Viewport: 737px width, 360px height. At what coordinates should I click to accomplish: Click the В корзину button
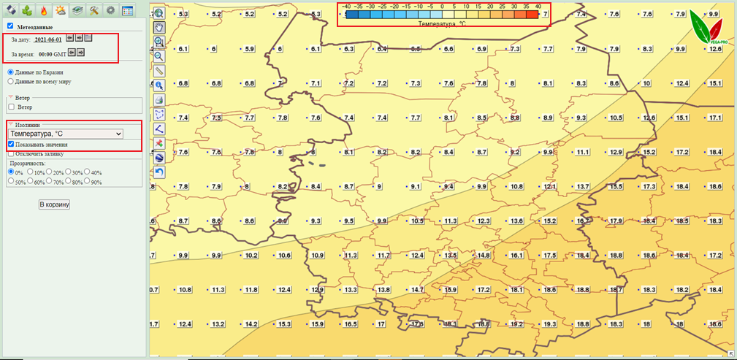[x=54, y=204]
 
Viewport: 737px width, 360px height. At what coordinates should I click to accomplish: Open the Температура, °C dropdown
[x=65, y=134]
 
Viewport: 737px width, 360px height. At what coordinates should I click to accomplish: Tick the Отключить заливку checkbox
[x=11, y=154]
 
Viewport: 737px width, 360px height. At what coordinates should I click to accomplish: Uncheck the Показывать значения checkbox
[x=11, y=145]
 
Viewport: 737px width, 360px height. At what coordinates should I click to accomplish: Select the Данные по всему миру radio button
[x=11, y=81]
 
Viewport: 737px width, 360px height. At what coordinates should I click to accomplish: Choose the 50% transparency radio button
[x=11, y=181]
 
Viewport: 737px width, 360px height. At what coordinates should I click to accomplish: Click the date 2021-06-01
[x=48, y=39]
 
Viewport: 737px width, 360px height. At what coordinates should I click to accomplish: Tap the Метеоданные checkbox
[x=10, y=26]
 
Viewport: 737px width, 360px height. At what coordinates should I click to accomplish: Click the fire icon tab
[x=43, y=10]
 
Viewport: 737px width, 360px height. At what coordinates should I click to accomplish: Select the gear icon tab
[x=110, y=10]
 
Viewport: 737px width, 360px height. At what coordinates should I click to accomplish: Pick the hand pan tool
[x=159, y=27]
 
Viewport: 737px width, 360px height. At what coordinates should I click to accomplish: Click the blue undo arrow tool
[x=159, y=172]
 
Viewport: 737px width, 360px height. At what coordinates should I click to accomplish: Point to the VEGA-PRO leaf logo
[x=707, y=29]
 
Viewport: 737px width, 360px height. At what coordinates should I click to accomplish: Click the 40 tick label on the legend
[x=538, y=6]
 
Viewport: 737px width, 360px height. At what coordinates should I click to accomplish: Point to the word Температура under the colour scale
[x=436, y=23]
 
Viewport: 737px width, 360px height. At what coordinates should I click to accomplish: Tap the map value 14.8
[x=482, y=256]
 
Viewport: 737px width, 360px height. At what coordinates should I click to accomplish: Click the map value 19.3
[x=550, y=324]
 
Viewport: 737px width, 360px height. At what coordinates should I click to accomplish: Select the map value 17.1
[x=715, y=118]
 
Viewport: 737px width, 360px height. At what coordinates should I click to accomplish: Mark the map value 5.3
[x=183, y=15]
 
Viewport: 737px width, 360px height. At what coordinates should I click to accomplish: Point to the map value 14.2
[x=251, y=324]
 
